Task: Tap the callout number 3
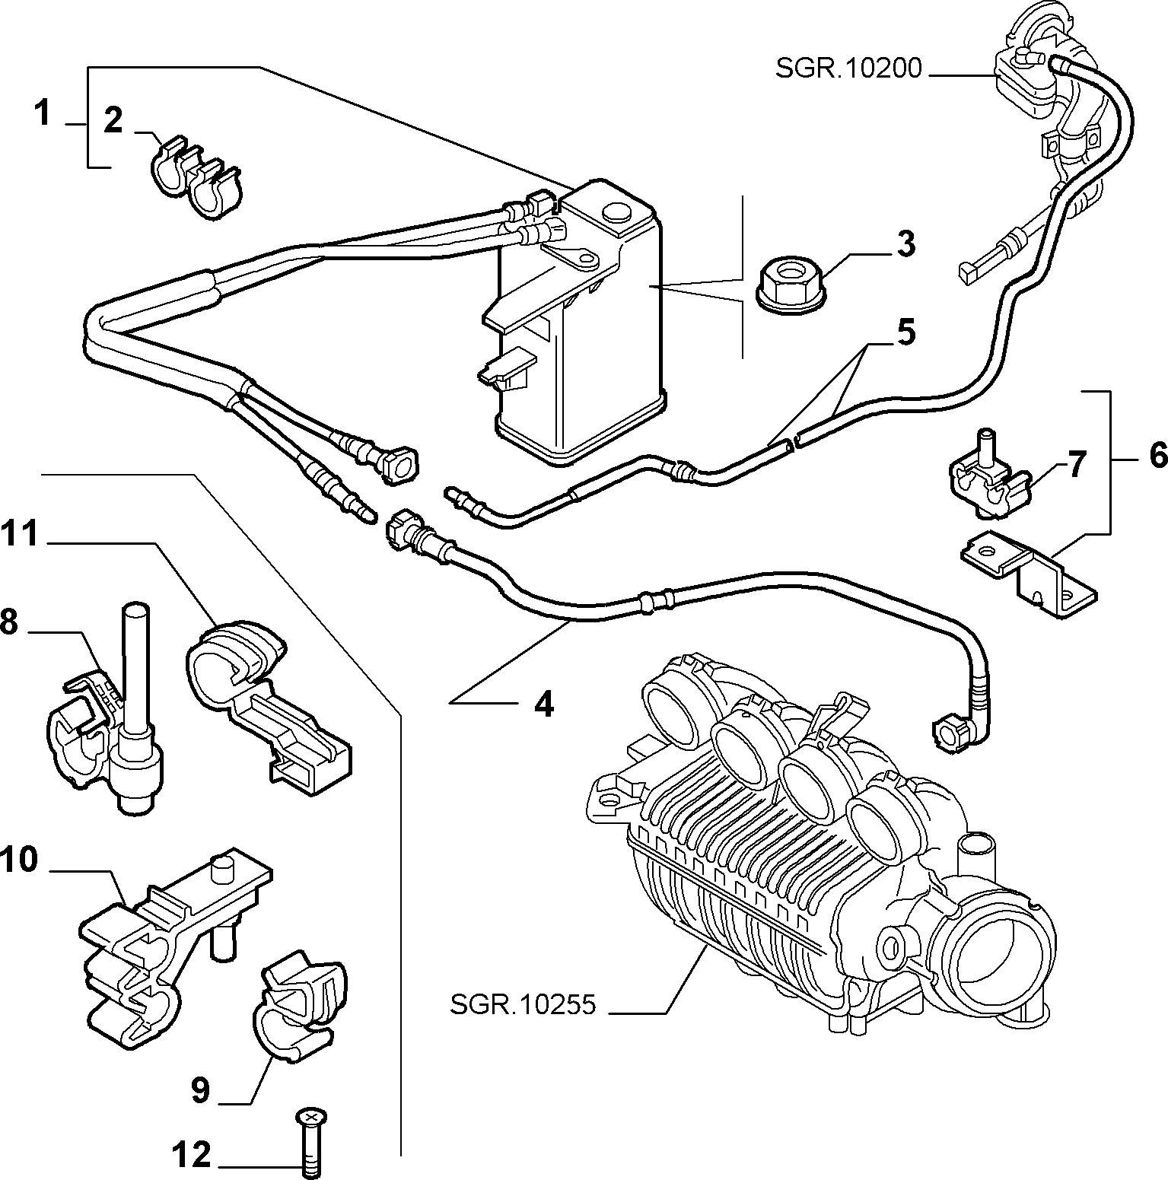coord(905,244)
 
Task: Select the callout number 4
coord(543,705)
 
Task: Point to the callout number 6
coord(1156,455)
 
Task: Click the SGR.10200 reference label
coord(848,69)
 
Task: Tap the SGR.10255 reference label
coord(522,1004)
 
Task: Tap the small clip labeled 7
coord(988,477)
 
